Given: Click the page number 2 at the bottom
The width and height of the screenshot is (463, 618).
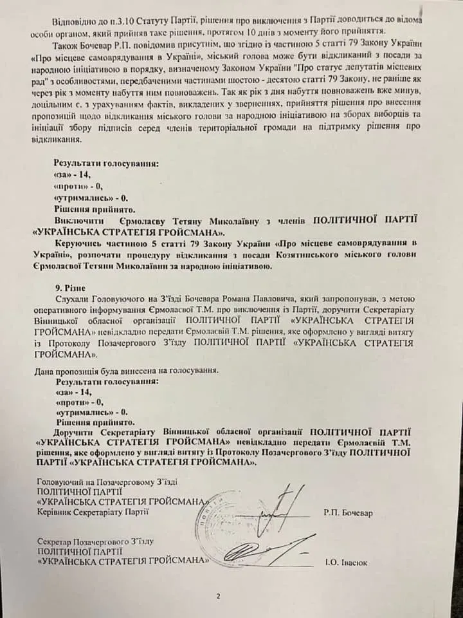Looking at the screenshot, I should coord(219,595).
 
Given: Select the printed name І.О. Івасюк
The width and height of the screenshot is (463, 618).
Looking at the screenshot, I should coord(347,562).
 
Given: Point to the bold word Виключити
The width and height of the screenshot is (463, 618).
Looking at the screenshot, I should coord(77,221).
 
